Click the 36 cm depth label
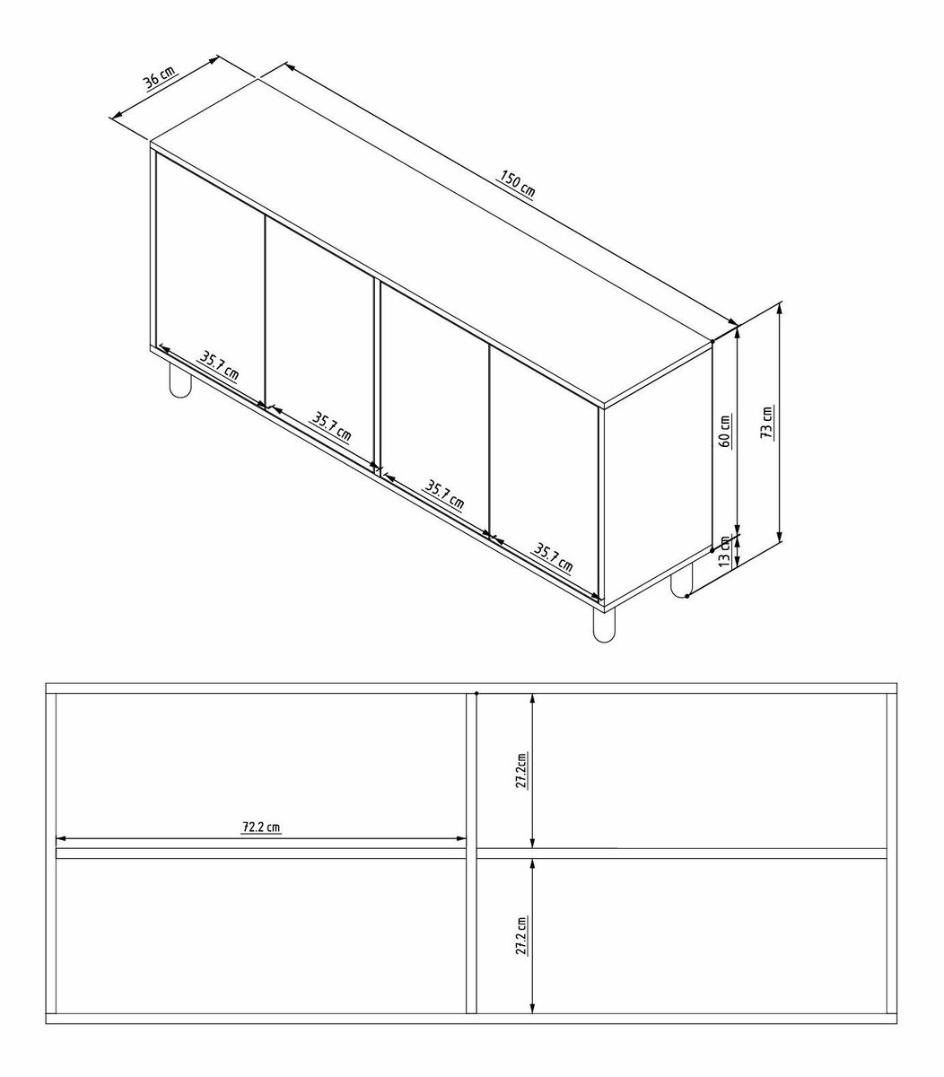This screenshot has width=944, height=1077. [160, 78]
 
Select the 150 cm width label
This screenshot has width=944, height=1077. [517, 183]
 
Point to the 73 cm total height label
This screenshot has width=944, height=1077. [767, 422]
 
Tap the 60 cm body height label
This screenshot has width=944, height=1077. [724, 431]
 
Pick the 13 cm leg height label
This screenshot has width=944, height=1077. [724, 551]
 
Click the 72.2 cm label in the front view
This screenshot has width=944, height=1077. [261, 827]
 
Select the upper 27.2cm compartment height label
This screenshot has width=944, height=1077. [521, 770]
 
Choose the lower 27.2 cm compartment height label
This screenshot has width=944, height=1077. [521, 935]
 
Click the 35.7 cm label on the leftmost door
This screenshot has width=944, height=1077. [218, 366]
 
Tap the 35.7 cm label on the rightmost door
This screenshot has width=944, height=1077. [553, 558]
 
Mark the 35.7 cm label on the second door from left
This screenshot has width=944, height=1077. [331, 427]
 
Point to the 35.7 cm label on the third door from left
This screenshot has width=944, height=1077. [444, 495]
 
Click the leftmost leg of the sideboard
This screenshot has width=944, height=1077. [180, 380]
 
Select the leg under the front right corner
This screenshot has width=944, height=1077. [603, 626]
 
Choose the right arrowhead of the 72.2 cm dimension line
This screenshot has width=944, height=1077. [461, 839]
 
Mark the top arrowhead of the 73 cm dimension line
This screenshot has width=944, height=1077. [780, 307]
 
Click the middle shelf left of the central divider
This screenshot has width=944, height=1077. [261, 854]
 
